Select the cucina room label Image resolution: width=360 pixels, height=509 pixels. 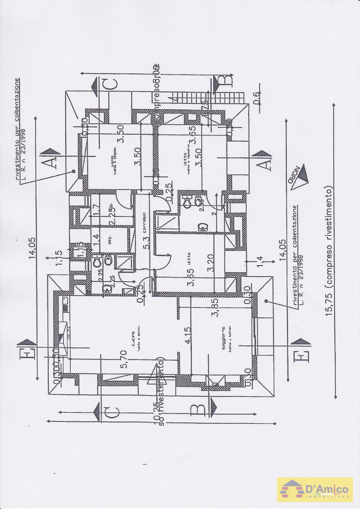pos(133,339)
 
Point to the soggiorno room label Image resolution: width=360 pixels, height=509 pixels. pos(224,338)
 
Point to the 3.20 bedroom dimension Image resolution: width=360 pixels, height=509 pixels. pos(211,262)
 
